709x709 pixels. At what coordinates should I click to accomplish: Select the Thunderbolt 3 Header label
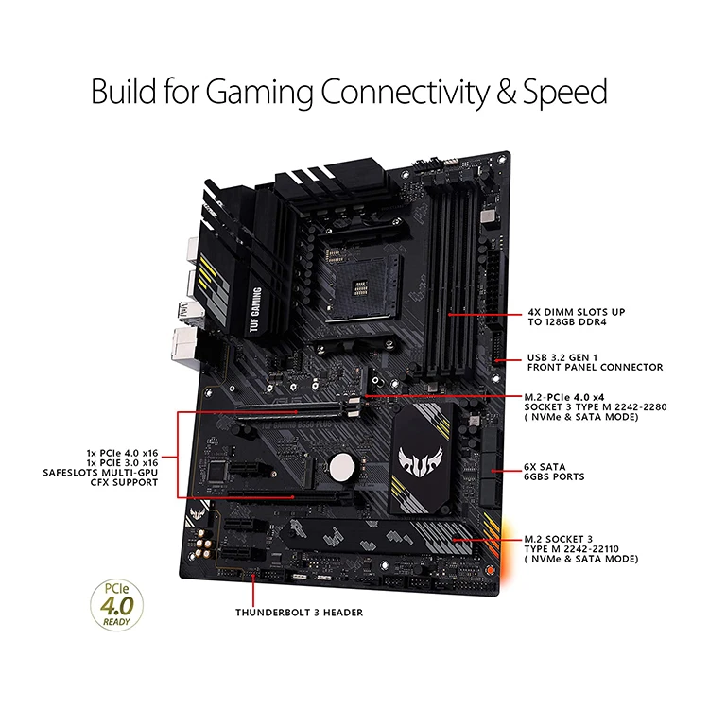299,613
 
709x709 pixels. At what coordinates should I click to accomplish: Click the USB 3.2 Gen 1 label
595,362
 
